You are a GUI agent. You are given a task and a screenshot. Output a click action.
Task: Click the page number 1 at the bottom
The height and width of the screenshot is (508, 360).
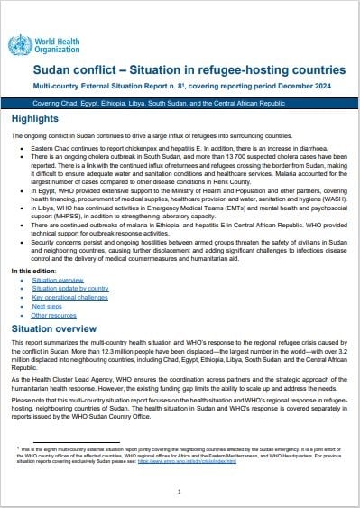[180, 491]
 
